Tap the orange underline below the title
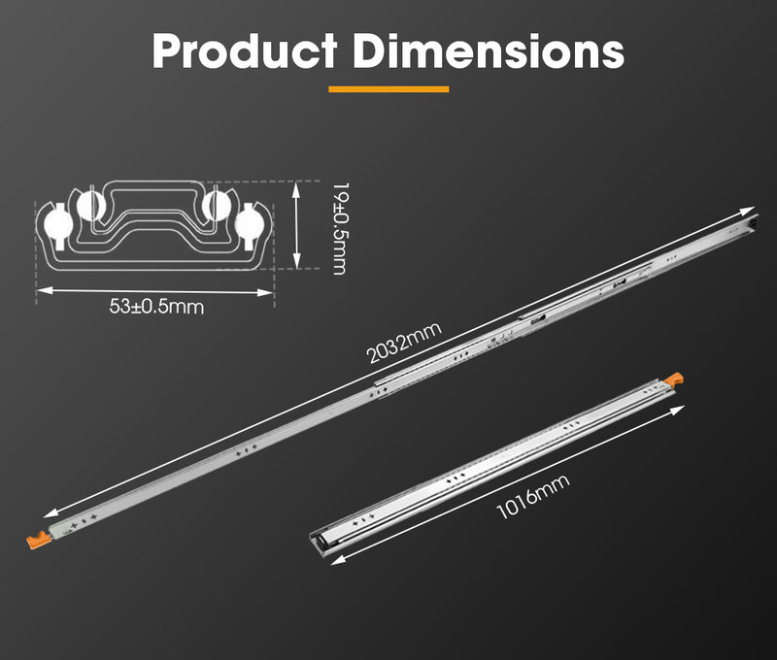click(388, 89)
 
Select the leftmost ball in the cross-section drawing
click(57, 224)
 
